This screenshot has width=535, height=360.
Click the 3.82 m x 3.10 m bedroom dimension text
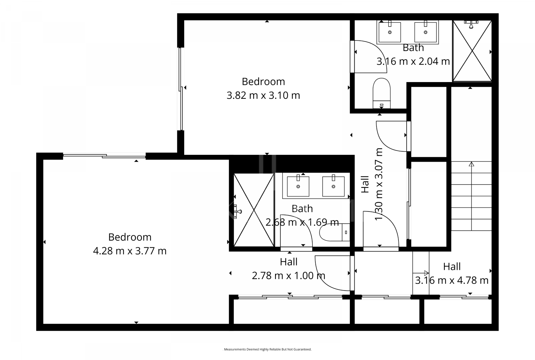[263, 95]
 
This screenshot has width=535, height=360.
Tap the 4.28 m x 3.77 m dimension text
[130, 251]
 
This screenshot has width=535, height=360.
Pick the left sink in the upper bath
[390, 32]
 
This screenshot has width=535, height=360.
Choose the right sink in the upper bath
[425, 32]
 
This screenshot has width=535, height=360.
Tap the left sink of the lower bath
[298, 186]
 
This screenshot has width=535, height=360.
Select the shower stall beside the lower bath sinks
[254, 210]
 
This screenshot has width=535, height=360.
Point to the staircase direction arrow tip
[471, 164]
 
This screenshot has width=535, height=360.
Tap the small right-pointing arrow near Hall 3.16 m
[426, 273]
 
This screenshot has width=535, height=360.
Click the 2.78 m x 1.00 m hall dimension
[288, 276]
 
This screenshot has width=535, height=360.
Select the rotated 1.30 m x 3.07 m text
[379, 184]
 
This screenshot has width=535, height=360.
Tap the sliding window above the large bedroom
[104, 156]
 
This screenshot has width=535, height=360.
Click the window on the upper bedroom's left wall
[181, 89]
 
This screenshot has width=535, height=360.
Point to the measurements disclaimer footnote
[267, 349]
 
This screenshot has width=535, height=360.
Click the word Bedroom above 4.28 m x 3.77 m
[130, 237]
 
